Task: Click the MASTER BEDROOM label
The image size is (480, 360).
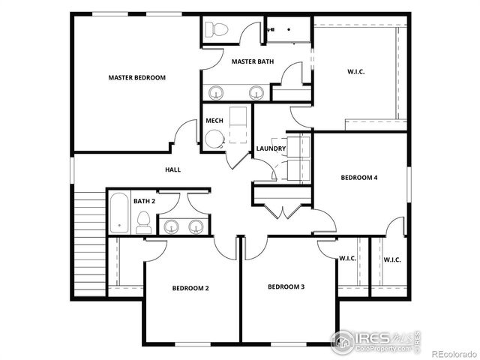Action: pos(136,77)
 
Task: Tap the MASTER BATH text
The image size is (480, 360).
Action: pos(252,61)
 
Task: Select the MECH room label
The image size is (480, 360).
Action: pos(214,121)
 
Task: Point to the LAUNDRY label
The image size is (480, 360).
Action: pos(271,148)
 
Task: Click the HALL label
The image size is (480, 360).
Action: pos(172,169)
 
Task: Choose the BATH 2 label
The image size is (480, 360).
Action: pos(145,201)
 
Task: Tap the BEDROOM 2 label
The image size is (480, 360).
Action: pos(190,288)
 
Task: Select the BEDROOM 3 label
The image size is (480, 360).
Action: pos(286,287)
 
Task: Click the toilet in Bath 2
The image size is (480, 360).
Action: pos(143,223)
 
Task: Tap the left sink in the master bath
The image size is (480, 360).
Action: pos(217,93)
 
